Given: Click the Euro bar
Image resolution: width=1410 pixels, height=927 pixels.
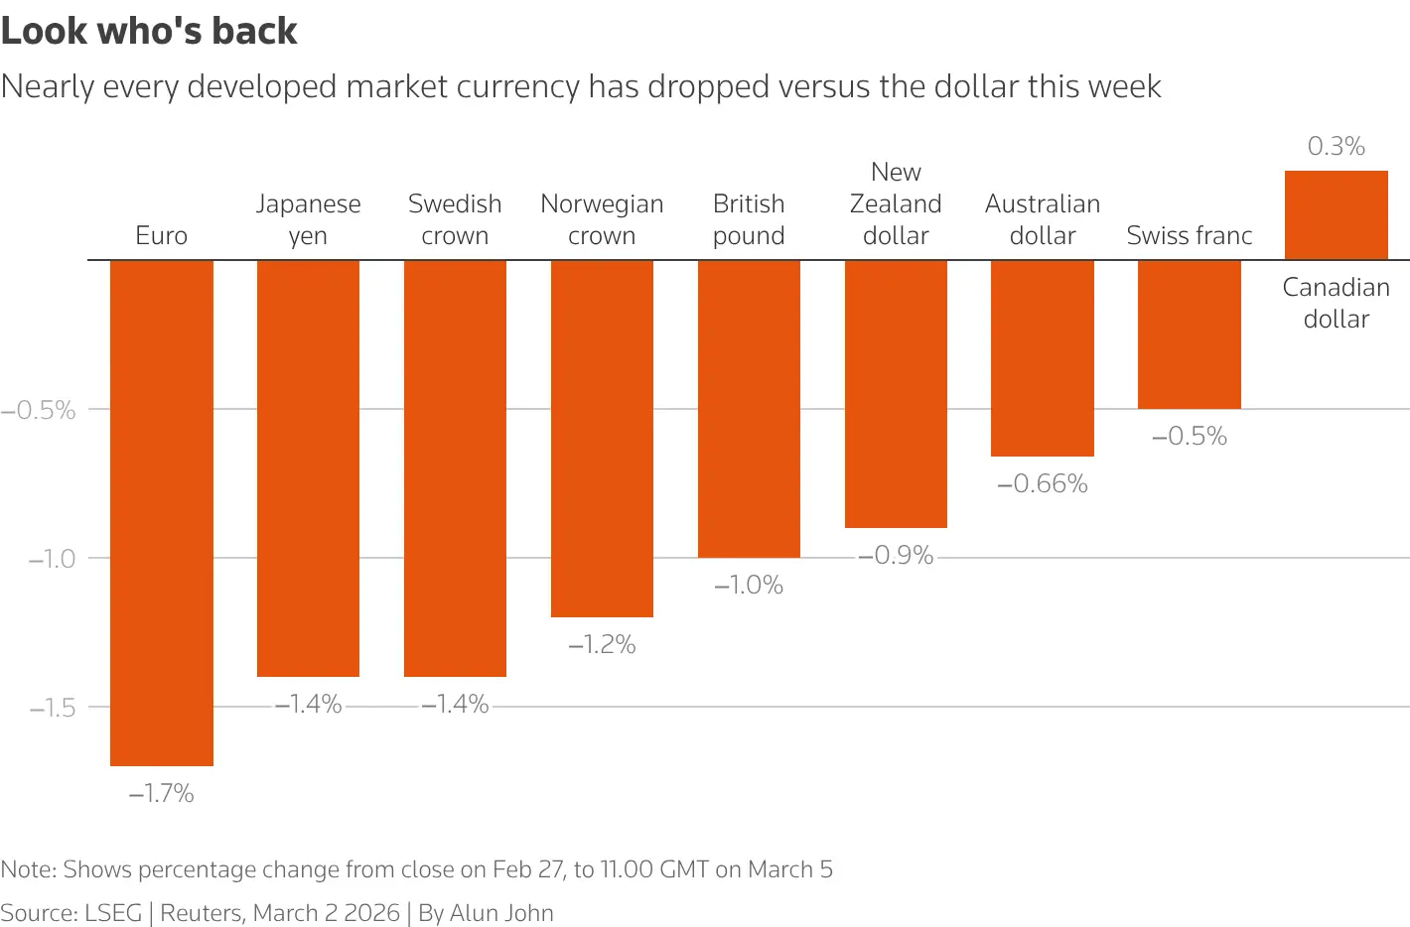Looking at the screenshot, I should (x=162, y=512).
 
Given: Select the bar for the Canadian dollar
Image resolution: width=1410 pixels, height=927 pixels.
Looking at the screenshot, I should (x=1336, y=215).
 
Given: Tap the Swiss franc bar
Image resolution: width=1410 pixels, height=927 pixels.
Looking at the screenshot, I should (x=1189, y=334).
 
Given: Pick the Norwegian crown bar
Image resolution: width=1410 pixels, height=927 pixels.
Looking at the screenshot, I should (x=602, y=439).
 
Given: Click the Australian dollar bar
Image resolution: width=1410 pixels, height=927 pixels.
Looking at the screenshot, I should (x=1042, y=358).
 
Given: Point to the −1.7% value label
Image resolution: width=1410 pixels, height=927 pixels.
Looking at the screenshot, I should (x=162, y=793).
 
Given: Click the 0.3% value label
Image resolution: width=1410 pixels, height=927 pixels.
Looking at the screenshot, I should (x=1336, y=147).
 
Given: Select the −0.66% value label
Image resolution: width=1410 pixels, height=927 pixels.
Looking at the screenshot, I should (x=1043, y=484).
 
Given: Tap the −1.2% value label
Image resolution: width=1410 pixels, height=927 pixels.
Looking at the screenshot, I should (x=602, y=645).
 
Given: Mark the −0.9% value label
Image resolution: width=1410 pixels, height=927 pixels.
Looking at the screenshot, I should (x=896, y=556).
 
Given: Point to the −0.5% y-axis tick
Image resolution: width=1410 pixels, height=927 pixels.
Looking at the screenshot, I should (x=39, y=410).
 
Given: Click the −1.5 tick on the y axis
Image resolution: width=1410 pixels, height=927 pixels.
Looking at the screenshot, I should (x=53, y=708).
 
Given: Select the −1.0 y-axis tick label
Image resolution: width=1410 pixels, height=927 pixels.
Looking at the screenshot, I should (x=53, y=559).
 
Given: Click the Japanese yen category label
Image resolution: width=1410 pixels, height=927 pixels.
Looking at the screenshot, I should (x=308, y=219).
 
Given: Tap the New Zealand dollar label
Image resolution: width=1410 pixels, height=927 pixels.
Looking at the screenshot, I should (x=896, y=203).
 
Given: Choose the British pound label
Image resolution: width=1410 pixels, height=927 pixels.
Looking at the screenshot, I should (x=749, y=219).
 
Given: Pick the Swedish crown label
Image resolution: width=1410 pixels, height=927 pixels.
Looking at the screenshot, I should (x=455, y=219).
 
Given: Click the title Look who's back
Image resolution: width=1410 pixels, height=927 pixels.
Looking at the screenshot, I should (x=149, y=31).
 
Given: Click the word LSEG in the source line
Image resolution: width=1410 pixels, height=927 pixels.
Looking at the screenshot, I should (x=113, y=913).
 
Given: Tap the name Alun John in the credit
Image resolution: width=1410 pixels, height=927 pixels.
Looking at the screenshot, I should (x=501, y=913).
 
